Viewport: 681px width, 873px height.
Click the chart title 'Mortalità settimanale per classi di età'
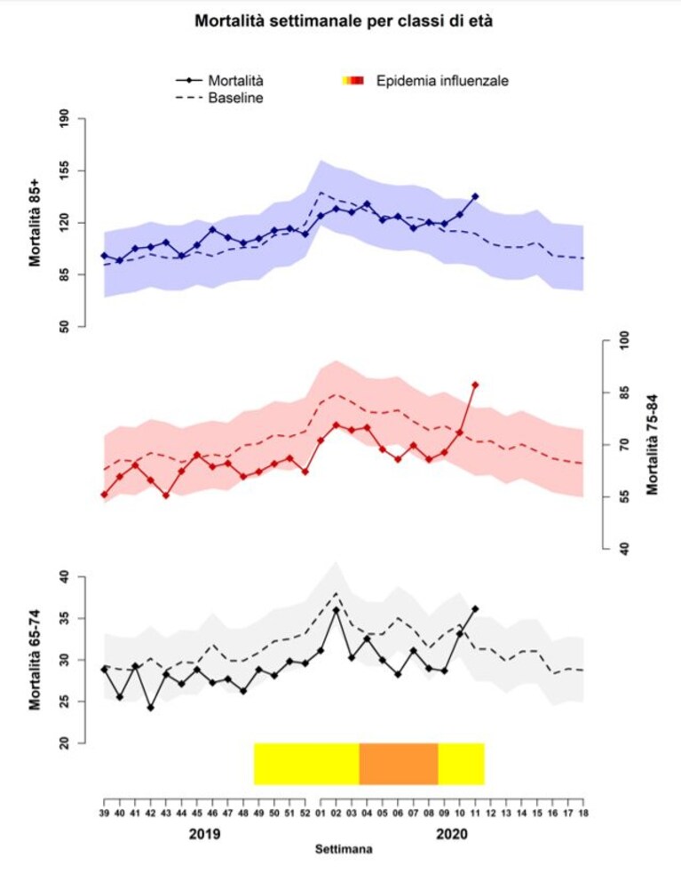pos(344,21)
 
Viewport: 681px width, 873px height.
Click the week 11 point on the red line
pos(475,385)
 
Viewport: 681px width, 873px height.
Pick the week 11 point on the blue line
pos(475,196)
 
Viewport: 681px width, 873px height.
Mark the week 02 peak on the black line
pos(337,610)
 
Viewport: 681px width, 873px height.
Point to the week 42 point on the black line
pos(150,708)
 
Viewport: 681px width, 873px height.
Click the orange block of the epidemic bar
pos(399,764)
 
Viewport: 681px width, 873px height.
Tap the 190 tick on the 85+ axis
pos(65,119)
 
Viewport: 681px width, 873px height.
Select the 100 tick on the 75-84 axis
pos(623,341)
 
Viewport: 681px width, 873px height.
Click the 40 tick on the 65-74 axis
pos(65,576)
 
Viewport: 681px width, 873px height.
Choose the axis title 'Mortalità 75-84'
pos(652,444)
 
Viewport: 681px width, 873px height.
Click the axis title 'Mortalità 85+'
pos(36,223)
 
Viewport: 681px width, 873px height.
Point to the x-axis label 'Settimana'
pos(344,850)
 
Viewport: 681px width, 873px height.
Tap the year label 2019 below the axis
pos(205,834)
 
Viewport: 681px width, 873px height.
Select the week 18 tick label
pos(583,813)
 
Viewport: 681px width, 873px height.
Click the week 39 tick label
pos(104,813)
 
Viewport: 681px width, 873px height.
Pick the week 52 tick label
pos(305,813)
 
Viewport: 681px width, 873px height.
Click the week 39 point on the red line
pos(104,495)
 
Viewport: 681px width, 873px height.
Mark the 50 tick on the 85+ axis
pos(65,326)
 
